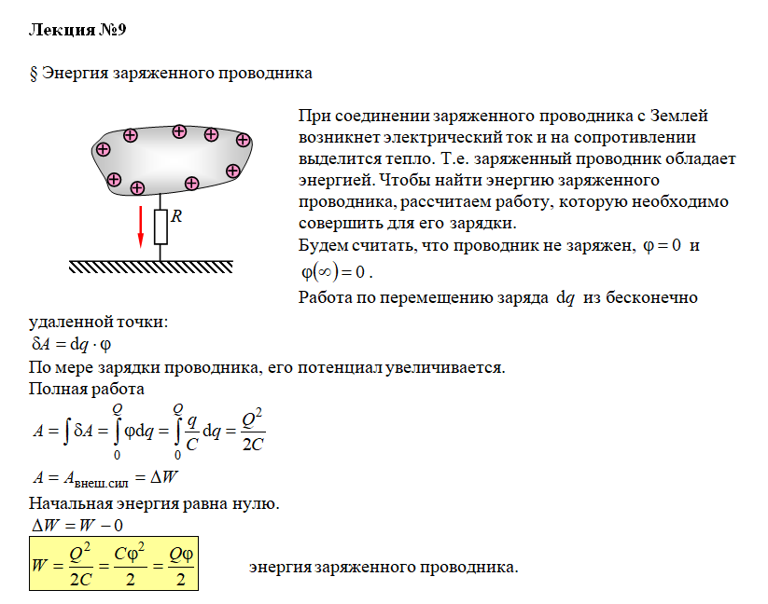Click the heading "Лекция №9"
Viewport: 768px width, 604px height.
pyautogui.click(x=77, y=30)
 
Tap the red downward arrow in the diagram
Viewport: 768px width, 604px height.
pyautogui.click(x=141, y=226)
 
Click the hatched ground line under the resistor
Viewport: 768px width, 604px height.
pyautogui.click(x=162, y=267)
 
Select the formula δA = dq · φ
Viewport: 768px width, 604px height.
pyautogui.click(x=72, y=344)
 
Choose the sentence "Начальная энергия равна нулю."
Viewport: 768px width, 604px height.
pyautogui.click(x=154, y=503)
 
